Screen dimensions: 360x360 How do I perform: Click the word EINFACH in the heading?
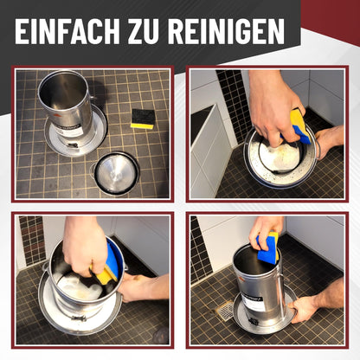[67, 31]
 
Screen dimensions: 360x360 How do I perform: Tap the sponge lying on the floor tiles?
[143, 119]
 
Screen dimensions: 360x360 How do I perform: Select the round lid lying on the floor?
[115, 174]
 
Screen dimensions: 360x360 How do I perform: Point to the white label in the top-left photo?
[69, 132]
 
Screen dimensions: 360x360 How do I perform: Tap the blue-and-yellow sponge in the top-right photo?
[299, 125]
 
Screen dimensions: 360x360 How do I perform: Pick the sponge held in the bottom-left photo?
[108, 265]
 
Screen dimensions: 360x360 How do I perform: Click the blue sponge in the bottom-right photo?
[268, 247]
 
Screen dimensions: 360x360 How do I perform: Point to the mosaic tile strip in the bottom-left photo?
[32, 240]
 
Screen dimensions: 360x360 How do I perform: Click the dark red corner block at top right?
[331, 22]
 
